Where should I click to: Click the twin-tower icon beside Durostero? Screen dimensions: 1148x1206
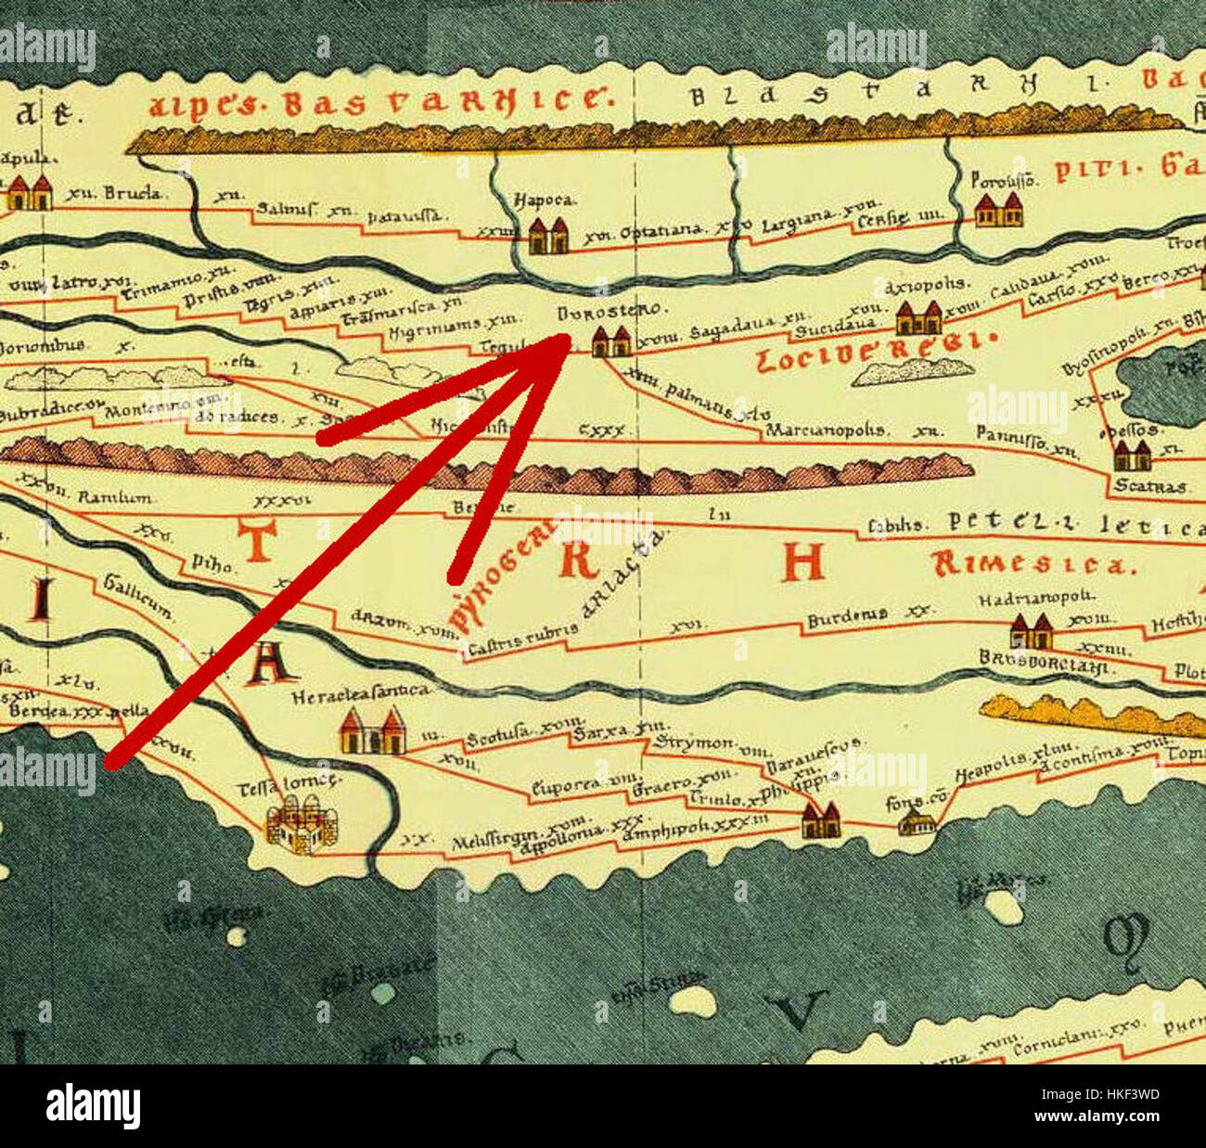[x=611, y=342]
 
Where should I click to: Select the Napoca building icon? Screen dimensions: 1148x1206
[x=547, y=236]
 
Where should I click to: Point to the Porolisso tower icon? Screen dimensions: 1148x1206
[x=998, y=210]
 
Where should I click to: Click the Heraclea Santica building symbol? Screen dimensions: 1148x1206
[x=371, y=731]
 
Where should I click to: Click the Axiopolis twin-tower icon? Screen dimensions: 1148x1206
[x=918, y=317]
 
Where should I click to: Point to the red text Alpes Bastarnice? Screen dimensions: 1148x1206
[x=380, y=101]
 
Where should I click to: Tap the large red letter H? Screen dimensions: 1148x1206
[x=802, y=561]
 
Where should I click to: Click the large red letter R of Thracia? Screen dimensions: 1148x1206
[x=576, y=560]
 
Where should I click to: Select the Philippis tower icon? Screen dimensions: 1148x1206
[x=820, y=820]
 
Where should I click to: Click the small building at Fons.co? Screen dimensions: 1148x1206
[x=917, y=821]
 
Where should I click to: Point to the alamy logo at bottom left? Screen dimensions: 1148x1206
[x=93, y=1106]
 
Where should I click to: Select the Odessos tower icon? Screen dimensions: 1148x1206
[x=1132, y=456]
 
